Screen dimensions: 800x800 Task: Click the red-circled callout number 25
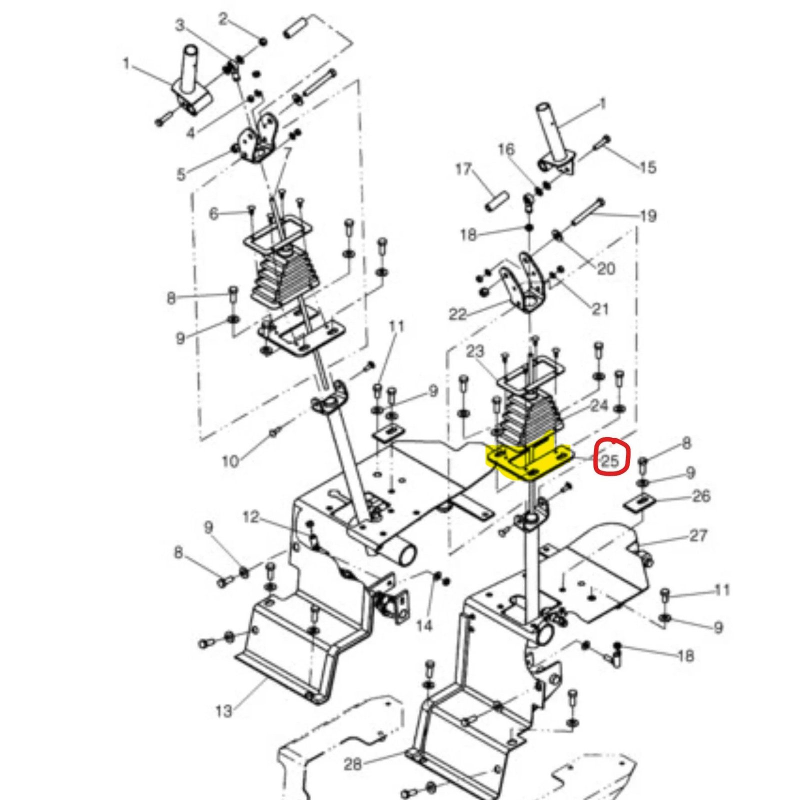610,460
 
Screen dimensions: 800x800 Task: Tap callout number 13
224,710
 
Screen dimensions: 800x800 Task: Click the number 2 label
223,19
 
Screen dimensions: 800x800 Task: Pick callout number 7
287,153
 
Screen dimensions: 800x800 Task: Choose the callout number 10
230,461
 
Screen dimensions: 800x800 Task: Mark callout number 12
251,517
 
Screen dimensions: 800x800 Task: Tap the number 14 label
424,625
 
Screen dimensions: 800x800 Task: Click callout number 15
648,167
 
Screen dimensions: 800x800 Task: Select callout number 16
506,149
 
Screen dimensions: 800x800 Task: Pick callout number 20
606,268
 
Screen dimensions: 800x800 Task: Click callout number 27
698,535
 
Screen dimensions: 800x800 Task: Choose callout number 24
599,405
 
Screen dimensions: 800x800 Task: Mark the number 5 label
181,174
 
